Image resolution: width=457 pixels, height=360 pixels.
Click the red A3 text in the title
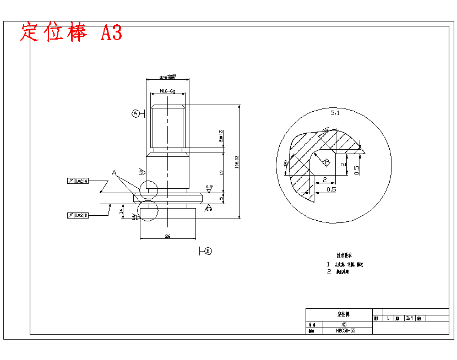pyautogui.click(x=111, y=33)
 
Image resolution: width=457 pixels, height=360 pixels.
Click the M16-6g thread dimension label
pyautogui.click(x=167, y=90)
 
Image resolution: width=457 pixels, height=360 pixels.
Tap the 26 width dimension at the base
pyautogui.click(x=167, y=236)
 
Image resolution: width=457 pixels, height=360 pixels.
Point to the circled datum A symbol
pyautogui.click(x=135, y=113)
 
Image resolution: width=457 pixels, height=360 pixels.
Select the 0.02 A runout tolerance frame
pyautogui.click(x=78, y=181)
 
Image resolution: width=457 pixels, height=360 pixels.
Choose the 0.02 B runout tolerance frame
pyautogui.click(x=78, y=215)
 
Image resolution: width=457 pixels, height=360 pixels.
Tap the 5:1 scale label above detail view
pyautogui.click(x=335, y=113)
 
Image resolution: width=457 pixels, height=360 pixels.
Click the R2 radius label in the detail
pyautogui.click(x=327, y=163)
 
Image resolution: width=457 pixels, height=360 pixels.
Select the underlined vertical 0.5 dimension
pyautogui.click(x=357, y=170)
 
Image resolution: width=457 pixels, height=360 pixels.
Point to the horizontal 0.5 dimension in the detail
pyautogui.click(x=331, y=190)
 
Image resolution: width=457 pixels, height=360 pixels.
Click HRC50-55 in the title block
pyautogui.click(x=345, y=331)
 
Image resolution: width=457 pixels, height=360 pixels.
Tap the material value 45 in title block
pyautogui.click(x=344, y=325)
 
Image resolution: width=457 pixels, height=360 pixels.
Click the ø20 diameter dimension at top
pyautogui.click(x=167, y=78)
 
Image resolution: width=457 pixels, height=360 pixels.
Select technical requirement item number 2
pyautogui.click(x=329, y=272)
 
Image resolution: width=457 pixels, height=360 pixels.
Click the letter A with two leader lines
pyautogui.click(x=114, y=172)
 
